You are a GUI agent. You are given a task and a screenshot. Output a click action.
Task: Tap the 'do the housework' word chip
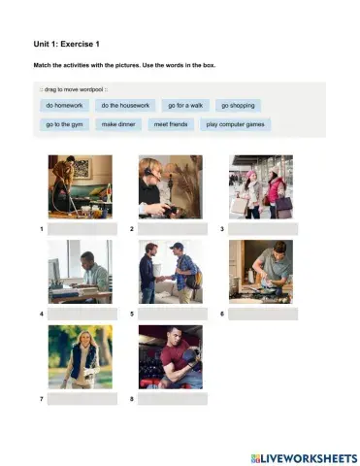click(x=124, y=105)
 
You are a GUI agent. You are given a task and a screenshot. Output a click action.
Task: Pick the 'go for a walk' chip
click(x=184, y=105)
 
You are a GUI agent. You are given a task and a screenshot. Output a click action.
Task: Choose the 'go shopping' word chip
click(x=238, y=105)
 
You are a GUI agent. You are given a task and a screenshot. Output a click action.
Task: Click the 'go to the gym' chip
click(x=64, y=124)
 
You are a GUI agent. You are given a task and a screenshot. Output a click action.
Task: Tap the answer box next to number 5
click(x=173, y=315)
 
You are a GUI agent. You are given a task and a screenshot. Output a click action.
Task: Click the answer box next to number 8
click(x=173, y=399)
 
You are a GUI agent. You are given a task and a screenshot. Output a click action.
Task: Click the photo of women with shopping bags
click(x=260, y=186)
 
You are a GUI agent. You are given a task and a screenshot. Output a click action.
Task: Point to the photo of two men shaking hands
click(x=170, y=272)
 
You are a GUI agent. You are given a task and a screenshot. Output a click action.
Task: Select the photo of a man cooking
click(x=260, y=272)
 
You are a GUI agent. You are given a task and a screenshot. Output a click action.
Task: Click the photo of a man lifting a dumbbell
click(x=170, y=356)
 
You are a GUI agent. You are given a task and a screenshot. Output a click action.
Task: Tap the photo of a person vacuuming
click(x=80, y=186)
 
